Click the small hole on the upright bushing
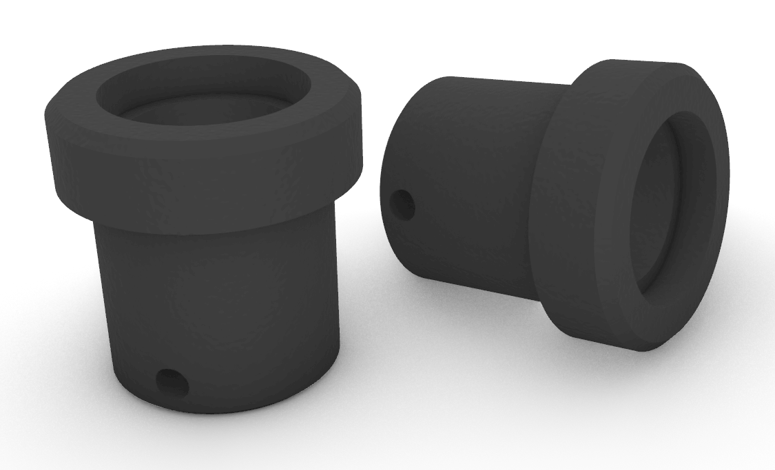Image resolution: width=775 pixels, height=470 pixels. [172, 381]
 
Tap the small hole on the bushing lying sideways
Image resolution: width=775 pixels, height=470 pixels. [403, 204]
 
